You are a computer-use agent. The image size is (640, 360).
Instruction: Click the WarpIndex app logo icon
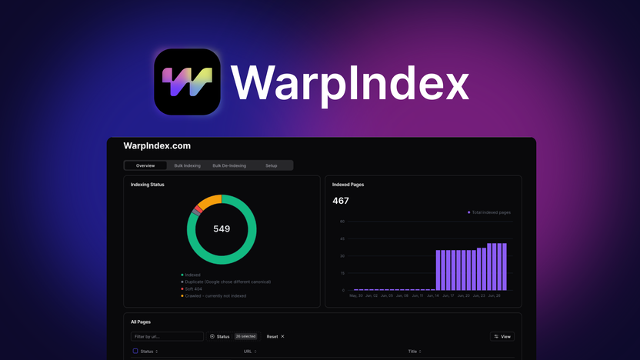(187, 82)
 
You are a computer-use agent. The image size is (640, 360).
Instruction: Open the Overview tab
(145, 165)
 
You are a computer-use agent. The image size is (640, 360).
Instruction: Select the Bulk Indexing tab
(187, 165)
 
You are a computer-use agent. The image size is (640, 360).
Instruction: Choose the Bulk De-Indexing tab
(229, 165)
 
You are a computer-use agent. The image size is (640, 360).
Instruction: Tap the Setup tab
(272, 165)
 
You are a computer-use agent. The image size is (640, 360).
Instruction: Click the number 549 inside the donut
(222, 228)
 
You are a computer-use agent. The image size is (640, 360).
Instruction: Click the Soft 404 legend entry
(195, 288)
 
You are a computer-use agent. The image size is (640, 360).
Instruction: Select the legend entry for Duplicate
(227, 282)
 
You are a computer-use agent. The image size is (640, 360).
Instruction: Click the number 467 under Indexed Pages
(341, 201)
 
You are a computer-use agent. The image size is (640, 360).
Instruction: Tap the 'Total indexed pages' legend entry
(491, 212)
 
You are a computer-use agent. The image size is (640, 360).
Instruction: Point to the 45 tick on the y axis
(342, 238)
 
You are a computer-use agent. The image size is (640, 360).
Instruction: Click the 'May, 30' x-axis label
(356, 295)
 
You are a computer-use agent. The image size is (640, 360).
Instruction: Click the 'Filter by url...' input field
(166, 336)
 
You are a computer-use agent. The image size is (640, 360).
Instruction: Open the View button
(502, 336)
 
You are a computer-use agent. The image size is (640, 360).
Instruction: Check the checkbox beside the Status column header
(135, 352)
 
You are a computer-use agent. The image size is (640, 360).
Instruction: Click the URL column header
(248, 352)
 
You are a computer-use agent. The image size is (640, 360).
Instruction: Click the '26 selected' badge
(245, 336)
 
